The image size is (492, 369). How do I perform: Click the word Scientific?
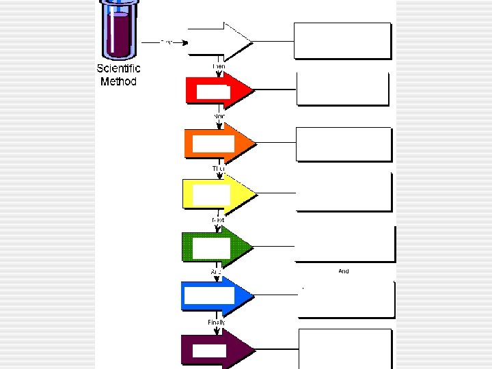pos(118,68)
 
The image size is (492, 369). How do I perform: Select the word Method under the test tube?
pos(118,81)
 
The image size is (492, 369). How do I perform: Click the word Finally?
pos(217,322)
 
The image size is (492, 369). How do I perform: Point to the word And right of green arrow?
pos(344,271)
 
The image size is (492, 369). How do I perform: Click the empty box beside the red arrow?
pos(342,89)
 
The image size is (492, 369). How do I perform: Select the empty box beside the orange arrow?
pos(344,143)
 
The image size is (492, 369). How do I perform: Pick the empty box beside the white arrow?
pos(342,40)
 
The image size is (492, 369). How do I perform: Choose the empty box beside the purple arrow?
pos(345,348)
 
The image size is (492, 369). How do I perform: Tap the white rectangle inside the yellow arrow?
pos(211,195)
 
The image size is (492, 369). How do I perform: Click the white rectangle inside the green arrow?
pos(211,247)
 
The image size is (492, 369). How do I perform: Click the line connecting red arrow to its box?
pos(275,89)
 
